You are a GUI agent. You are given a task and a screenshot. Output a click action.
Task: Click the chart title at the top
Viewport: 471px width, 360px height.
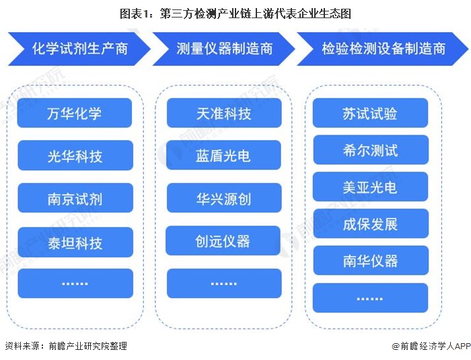[235, 13]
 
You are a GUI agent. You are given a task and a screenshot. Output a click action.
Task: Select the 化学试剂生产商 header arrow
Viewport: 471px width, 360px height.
[79, 49]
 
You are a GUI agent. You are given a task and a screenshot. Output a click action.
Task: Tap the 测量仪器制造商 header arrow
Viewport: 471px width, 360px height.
[224, 49]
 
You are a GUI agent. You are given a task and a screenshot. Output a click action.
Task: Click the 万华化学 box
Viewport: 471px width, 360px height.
[75, 113]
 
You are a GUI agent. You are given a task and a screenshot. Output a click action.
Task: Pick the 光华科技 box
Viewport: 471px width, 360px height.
[75, 156]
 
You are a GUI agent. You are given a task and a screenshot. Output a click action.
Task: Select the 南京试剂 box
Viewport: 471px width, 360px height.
[75, 199]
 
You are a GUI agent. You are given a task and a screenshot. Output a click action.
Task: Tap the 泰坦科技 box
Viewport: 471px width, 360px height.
[75, 242]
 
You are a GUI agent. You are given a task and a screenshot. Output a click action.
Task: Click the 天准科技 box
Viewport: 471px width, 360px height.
[223, 113]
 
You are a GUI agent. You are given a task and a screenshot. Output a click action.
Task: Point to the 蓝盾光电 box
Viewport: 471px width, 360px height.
[223, 155]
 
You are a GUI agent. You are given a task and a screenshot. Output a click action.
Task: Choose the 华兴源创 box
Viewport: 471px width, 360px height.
[223, 199]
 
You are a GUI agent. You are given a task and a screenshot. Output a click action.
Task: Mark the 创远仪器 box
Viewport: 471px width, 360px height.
[223, 241]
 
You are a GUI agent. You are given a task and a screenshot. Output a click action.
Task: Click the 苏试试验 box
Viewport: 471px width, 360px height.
[370, 113]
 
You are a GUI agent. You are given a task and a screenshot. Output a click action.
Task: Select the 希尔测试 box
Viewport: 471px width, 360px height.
[370, 150]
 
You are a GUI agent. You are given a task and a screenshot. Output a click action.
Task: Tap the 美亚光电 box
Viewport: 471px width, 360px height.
[370, 187]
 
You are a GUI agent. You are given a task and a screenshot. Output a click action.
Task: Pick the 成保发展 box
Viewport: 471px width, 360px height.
[370, 224]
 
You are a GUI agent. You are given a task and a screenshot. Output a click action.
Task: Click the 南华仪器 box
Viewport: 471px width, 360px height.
[370, 260]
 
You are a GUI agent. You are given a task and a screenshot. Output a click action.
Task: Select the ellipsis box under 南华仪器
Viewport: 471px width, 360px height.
[370, 297]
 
